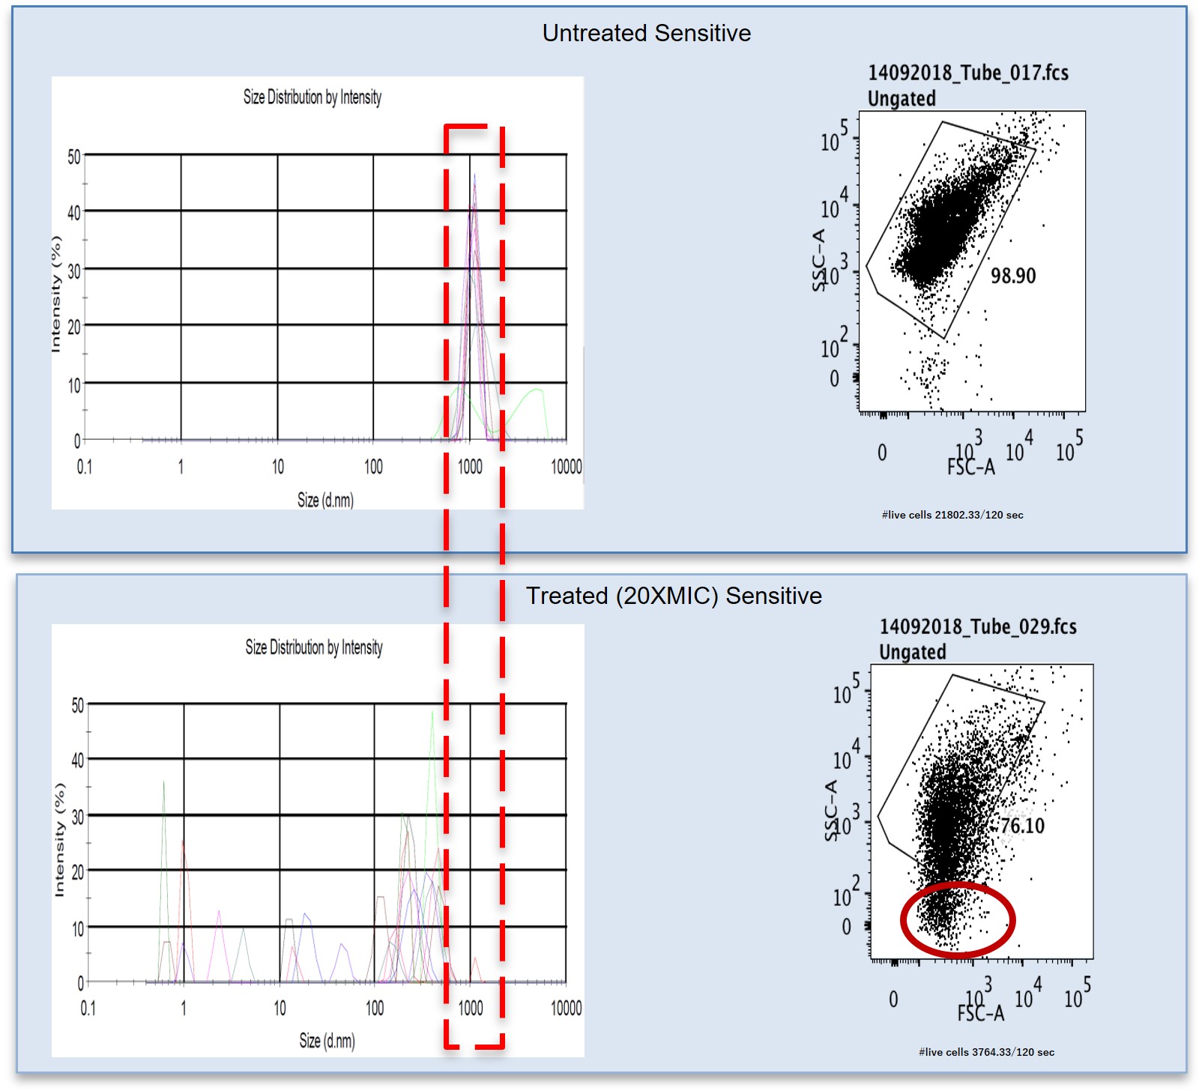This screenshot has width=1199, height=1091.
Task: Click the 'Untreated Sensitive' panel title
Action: [646, 33]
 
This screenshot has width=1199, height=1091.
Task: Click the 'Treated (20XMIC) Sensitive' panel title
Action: [674, 596]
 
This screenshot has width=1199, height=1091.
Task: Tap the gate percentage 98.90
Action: [1013, 276]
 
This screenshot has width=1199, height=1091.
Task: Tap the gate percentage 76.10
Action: [1023, 826]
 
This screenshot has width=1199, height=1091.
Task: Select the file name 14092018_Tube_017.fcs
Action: [967, 73]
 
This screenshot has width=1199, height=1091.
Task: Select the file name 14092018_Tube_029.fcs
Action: [977, 626]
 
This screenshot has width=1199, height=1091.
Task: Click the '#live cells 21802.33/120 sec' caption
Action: [952, 515]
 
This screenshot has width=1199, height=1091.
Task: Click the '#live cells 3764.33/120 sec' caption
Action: [986, 1052]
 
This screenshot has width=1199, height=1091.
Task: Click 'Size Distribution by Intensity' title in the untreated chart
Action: [312, 97]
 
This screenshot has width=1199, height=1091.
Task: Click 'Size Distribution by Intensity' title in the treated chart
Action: [314, 647]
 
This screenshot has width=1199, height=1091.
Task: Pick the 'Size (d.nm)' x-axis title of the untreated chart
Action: [325, 500]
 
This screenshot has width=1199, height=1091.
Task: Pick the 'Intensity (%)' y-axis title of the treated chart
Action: [60, 840]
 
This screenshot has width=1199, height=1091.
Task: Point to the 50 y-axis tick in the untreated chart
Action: [73, 157]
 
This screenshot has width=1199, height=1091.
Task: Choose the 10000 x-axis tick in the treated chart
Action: [566, 1009]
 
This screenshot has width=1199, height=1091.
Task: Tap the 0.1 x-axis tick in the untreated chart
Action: [85, 467]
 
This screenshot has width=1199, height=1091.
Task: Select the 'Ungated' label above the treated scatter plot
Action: [912, 652]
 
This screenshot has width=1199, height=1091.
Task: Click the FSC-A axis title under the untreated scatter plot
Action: [971, 468]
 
